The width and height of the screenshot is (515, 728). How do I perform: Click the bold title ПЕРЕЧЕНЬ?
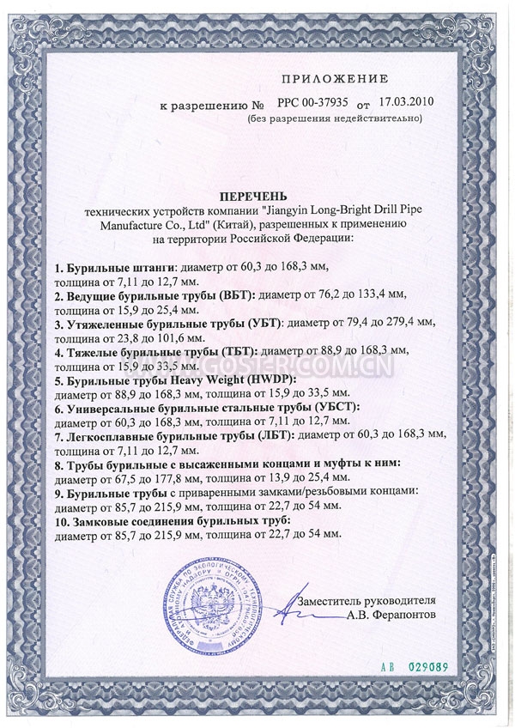(257, 184)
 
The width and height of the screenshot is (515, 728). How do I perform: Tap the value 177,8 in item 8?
(184, 478)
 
